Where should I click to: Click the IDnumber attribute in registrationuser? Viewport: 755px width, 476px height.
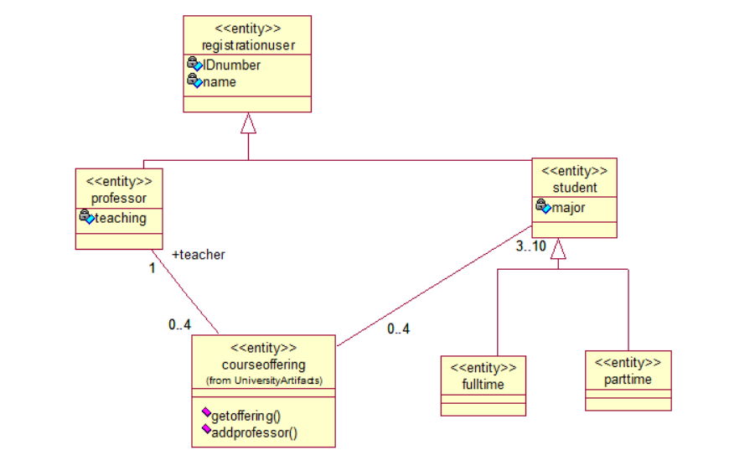click(232, 65)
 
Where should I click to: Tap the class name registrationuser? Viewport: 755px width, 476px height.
click(248, 44)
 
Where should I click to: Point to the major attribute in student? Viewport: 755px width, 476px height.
click(569, 207)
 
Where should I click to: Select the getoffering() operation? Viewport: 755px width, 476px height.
click(246, 415)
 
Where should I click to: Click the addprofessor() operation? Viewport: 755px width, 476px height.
click(255, 432)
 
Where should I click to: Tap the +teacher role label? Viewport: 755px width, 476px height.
click(199, 255)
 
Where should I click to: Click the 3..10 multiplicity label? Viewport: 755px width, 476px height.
click(531, 246)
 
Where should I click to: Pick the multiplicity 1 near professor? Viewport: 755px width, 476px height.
click(152, 269)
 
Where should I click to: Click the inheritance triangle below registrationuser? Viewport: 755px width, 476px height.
click(248, 123)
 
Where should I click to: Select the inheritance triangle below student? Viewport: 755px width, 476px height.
click(558, 248)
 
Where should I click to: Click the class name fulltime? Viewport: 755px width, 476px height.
click(483, 385)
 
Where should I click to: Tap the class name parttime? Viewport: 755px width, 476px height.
click(628, 380)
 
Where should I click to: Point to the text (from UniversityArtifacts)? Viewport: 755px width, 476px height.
click(263, 380)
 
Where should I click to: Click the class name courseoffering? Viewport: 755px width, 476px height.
click(263, 365)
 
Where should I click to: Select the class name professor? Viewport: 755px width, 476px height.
click(119, 198)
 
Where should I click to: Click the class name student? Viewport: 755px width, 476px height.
click(575, 187)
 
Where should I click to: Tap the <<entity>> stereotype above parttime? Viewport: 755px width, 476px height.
click(628, 362)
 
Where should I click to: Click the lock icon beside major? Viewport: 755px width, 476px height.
click(543, 206)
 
